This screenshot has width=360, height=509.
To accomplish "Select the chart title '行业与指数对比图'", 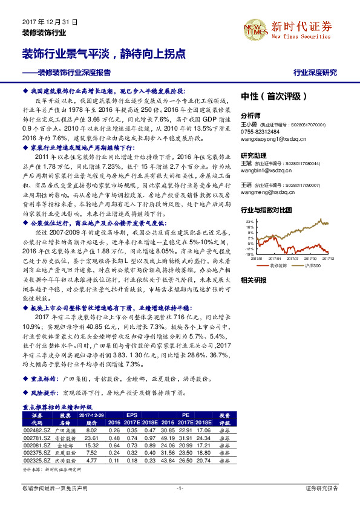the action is (x=266, y=210).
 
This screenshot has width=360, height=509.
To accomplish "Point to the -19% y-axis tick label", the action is (x=249, y=254).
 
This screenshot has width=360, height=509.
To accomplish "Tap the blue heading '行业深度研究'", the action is (x=315, y=73).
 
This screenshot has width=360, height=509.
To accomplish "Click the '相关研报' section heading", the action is (x=253, y=280).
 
